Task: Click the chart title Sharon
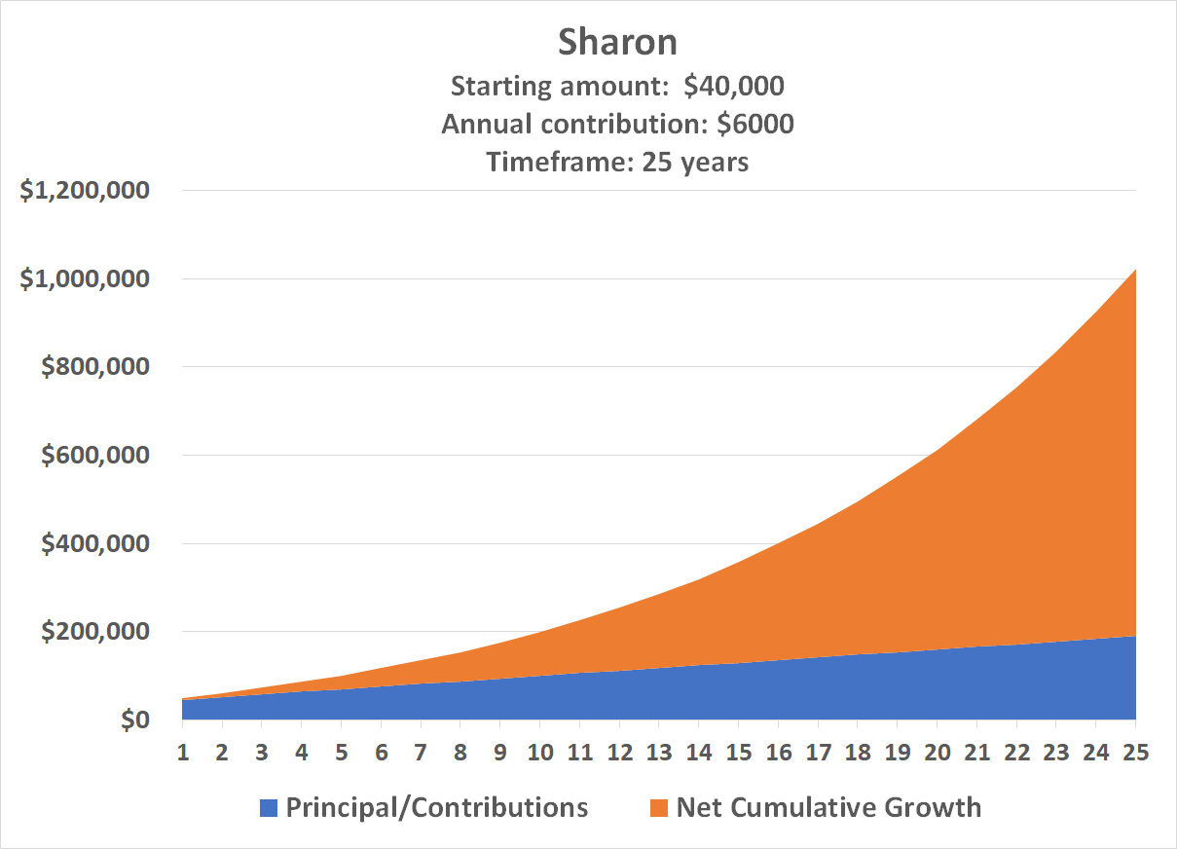pyautogui.click(x=617, y=42)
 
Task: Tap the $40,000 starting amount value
pyautogui.click(x=733, y=86)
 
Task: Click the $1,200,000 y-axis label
pyautogui.click(x=85, y=191)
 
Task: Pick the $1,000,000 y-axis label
pyautogui.click(x=85, y=278)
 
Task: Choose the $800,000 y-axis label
pyautogui.click(x=94, y=367)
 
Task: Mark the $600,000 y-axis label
pyautogui.click(x=94, y=455)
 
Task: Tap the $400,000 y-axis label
pyautogui.click(x=94, y=543)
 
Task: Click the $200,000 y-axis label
pyautogui.click(x=94, y=631)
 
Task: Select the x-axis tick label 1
pyautogui.click(x=182, y=753)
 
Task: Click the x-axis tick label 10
pyautogui.click(x=539, y=753)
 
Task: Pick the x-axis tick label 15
pyautogui.click(x=738, y=753)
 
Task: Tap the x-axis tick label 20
pyautogui.click(x=937, y=753)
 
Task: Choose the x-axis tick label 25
pyautogui.click(x=1135, y=753)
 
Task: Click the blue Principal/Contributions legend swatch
pyautogui.click(x=269, y=807)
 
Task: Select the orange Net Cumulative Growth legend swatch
pyautogui.click(x=659, y=807)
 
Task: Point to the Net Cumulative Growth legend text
pyautogui.click(x=828, y=807)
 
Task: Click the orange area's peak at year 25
pyautogui.click(x=1134, y=272)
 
